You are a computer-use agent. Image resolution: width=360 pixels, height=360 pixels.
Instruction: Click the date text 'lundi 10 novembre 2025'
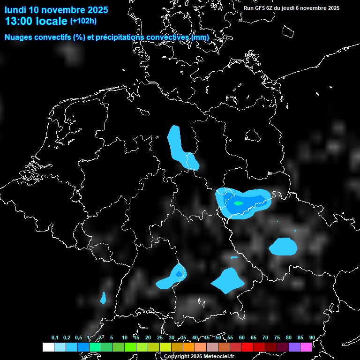(56, 10)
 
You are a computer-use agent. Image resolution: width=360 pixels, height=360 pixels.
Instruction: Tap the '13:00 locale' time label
(36, 21)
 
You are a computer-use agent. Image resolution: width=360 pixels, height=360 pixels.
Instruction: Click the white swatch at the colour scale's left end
(48, 347)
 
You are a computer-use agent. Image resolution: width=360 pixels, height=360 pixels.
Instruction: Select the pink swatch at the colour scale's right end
(306, 347)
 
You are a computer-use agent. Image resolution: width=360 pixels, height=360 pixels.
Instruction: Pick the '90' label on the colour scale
(312, 337)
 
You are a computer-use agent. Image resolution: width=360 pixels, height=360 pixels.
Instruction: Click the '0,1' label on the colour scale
(55, 337)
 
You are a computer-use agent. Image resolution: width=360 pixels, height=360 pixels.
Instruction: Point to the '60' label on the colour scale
(241, 337)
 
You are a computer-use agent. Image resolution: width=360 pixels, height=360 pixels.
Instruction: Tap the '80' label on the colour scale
(288, 337)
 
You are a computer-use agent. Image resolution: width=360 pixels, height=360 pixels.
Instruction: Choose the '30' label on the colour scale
(171, 337)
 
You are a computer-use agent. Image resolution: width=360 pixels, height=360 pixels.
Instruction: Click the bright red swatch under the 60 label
(247, 347)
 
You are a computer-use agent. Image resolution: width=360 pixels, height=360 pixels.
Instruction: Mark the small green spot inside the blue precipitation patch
(239, 203)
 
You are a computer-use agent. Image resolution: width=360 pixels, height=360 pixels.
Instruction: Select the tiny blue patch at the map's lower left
(103, 298)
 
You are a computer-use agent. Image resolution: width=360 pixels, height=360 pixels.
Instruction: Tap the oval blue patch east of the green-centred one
(283, 246)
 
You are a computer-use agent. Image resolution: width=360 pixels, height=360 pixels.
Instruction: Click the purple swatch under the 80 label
(294, 347)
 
